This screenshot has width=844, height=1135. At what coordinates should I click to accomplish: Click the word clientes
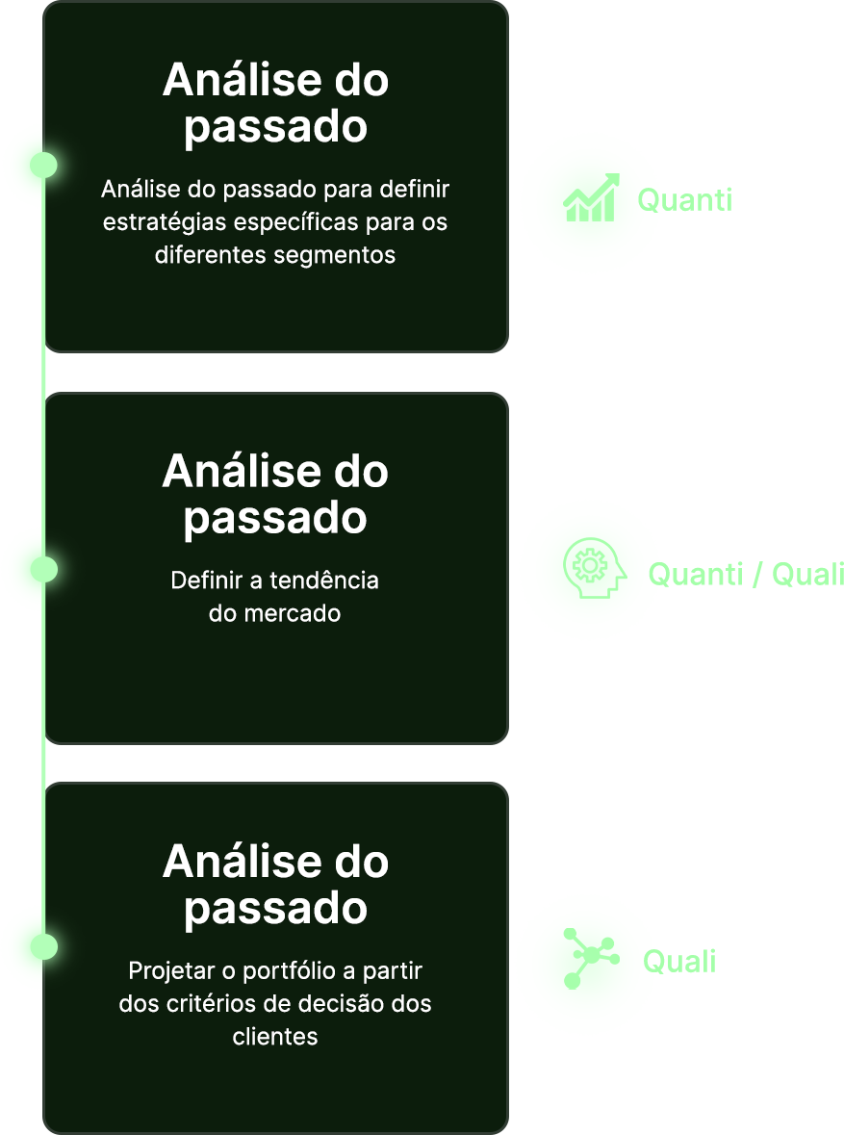(x=275, y=1036)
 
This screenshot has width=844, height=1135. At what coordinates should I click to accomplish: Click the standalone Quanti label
(x=684, y=200)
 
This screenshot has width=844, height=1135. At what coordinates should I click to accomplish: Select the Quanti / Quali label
(x=747, y=575)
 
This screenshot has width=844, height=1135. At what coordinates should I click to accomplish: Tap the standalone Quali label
(x=679, y=961)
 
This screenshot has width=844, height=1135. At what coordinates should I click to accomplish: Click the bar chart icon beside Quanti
(x=590, y=199)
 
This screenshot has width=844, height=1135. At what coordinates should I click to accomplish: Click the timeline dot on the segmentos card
(x=44, y=165)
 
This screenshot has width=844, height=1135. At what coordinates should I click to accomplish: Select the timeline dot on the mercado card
(x=44, y=570)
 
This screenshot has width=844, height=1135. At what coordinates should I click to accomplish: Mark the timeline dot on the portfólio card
(x=44, y=947)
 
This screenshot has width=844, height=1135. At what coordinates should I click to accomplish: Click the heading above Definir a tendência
(x=275, y=494)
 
